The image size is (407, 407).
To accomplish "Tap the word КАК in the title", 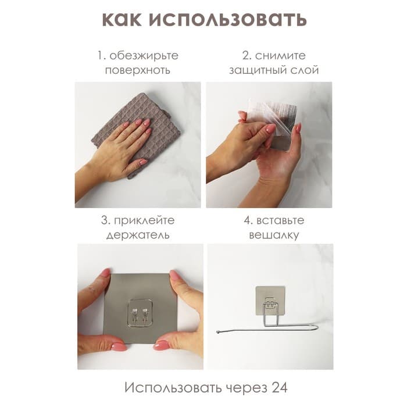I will [123, 19].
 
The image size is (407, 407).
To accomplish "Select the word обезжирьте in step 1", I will [145, 56].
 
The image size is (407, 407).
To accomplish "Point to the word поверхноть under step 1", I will [138, 70].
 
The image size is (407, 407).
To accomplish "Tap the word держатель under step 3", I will [138, 235].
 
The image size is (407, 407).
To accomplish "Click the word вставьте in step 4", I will [277, 221].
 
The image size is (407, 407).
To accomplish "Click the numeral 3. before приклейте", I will [105, 221].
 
